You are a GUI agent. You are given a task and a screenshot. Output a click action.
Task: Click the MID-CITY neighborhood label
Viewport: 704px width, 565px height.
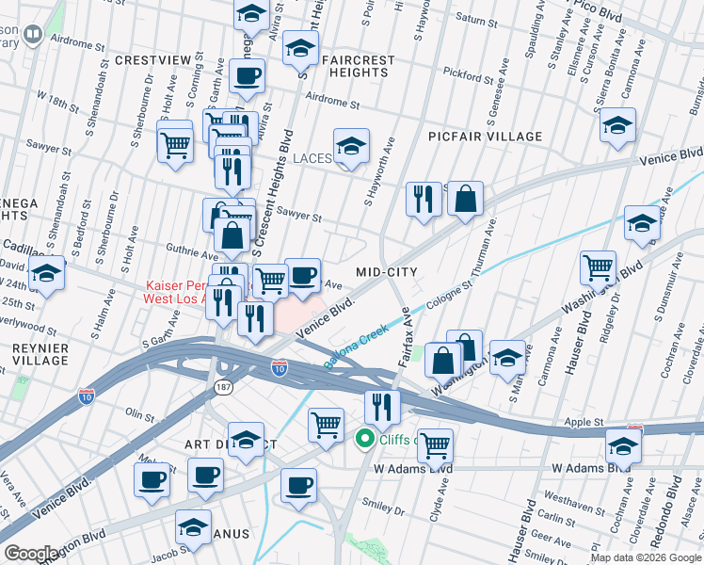pyautogui.click(x=386, y=271)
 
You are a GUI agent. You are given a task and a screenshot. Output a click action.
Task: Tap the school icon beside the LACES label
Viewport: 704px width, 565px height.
pyautogui.click(x=351, y=147)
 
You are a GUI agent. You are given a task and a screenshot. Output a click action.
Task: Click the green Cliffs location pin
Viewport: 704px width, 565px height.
pyautogui.click(x=363, y=440)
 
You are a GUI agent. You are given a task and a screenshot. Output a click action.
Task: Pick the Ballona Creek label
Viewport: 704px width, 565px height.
pyautogui.click(x=357, y=346)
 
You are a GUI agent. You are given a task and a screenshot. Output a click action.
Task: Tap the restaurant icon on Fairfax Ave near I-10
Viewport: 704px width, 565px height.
pyautogui.click(x=381, y=406)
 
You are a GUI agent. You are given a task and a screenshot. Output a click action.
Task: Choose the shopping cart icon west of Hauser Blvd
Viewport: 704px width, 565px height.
pyautogui.click(x=598, y=267)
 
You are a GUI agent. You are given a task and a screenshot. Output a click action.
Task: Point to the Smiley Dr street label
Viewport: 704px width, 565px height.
pyautogui.click(x=386, y=512)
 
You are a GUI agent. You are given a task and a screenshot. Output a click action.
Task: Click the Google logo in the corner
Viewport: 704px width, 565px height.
pyautogui.click(x=32, y=554)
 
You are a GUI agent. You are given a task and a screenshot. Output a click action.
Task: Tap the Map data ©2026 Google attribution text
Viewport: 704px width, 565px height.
pyautogui.click(x=646, y=557)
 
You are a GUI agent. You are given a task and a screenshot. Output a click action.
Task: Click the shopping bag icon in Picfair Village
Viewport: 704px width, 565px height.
pyautogui.click(x=465, y=199)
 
